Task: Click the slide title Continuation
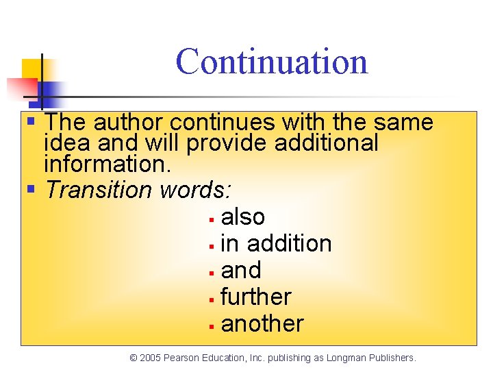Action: pyautogui.click(x=272, y=62)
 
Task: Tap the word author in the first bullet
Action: pyautogui.click(x=129, y=123)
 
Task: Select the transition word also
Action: pyautogui.click(x=243, y=217)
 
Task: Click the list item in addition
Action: pyautogui.click(x=276, y=243)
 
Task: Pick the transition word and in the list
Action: pyautogui.click(x=241, y=271)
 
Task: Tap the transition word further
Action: pyautogui.click(x=256, y=297)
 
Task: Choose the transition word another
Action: pyautogui.click(x=262, y=324)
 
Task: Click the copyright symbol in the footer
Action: pyautogui.click(x=134, y=358)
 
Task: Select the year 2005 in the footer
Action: pyautogui.click(x=152, y=358)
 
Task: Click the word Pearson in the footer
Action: pyautogui.click(x=185, y=358)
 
